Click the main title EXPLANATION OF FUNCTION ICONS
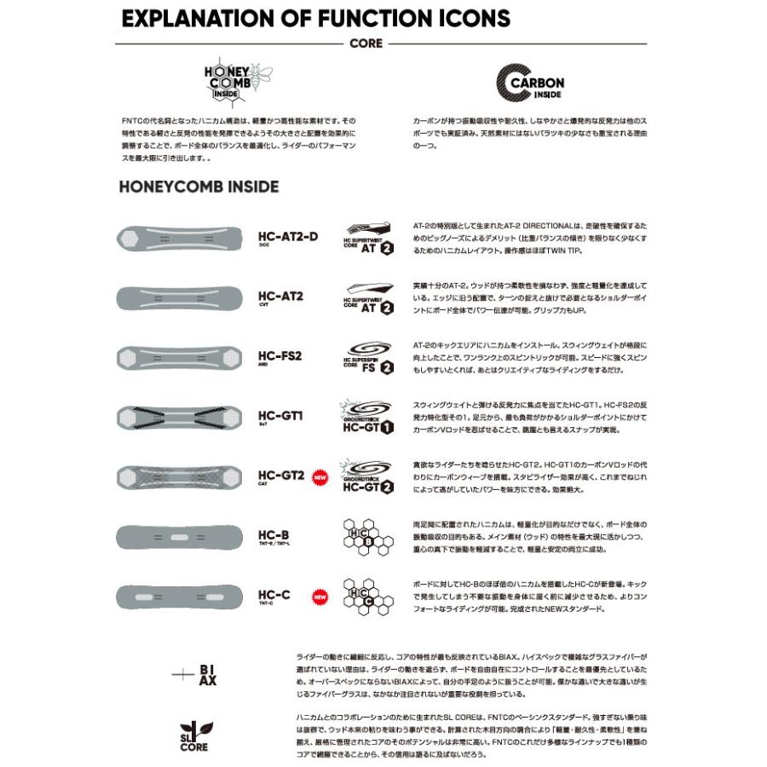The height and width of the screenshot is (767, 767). pyautogui.click(x=315, y=19)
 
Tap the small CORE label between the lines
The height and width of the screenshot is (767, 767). pyautogui.click(x=366, y=43)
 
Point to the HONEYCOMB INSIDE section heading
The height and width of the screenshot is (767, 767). pyautogui.click(x=199, y=187)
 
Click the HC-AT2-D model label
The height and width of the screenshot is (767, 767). pyautogui.click(x=287, y=236)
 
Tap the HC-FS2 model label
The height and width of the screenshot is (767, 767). pyautogui.click(x=280, y=355)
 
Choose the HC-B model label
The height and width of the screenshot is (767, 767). pyautogui.click(x=274, y=535)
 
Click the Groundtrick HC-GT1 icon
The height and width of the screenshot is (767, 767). pyautogui.click(x=367, y=417)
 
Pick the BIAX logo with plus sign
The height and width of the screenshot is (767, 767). pyautogui.click(x=197, y=675)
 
